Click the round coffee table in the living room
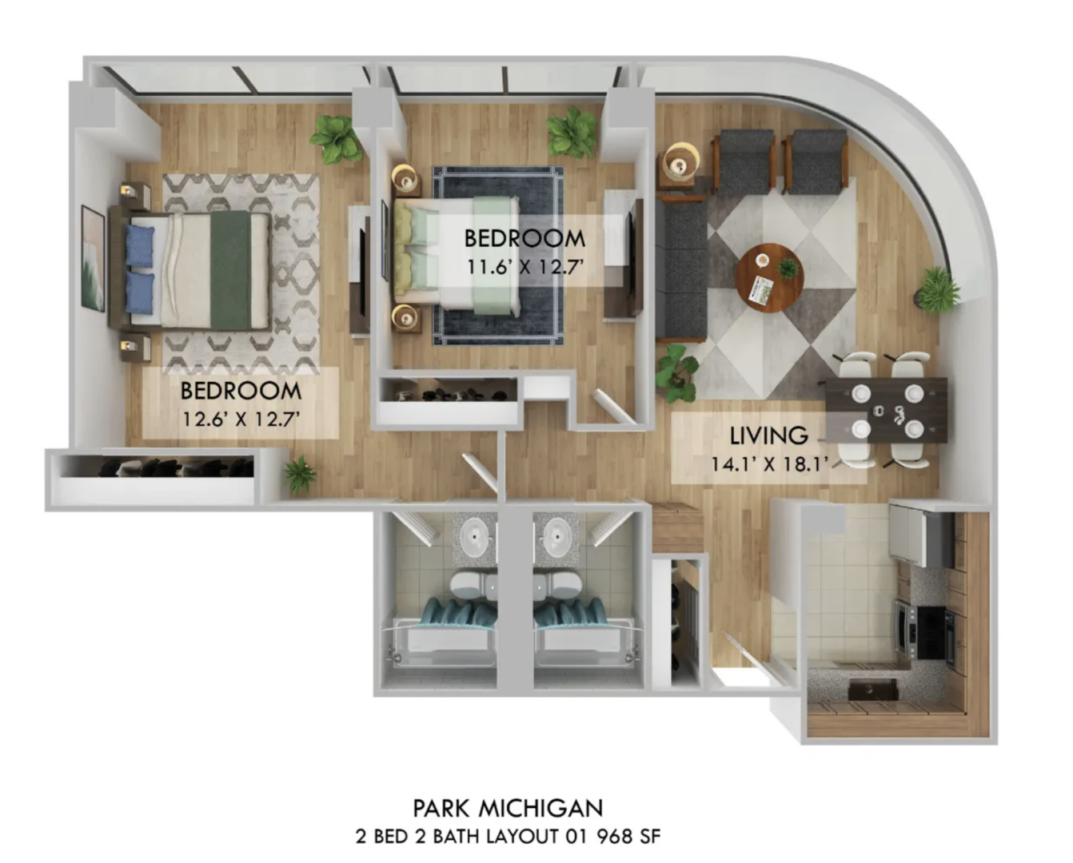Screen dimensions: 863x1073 pos(769,277)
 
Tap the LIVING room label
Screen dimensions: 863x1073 pos(768,436)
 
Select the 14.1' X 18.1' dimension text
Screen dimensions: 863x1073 pos(768,463)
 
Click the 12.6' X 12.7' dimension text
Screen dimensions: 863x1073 pos(240,418)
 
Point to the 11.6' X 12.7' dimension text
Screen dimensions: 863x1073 pos(524,265)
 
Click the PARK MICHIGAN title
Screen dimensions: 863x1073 pos(508,808)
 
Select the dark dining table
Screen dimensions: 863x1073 pos(886,410)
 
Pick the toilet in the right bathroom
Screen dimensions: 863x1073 pos(560,584)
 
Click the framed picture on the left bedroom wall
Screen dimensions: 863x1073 pos(93,258)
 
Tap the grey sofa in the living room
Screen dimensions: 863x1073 pos(682,269)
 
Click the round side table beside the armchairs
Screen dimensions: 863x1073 pos(679,163)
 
